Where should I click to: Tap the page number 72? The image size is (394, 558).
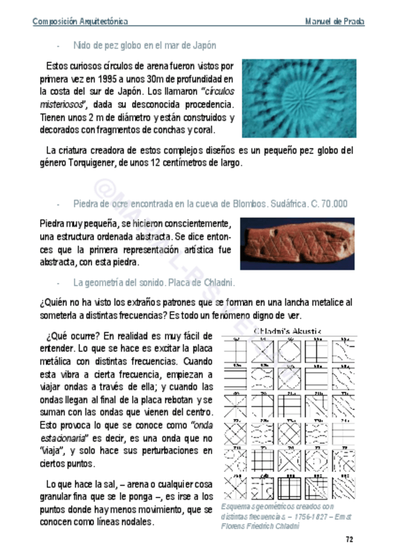[x=350, y=540]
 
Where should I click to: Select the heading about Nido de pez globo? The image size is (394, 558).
[x=145, y=45]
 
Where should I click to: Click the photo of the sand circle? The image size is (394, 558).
[x=299, y=98]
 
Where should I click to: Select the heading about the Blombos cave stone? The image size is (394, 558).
[x=210, y=203]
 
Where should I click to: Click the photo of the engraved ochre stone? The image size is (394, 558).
[x=297, y=243]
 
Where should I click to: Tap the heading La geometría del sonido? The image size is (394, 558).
[x=154, y=283]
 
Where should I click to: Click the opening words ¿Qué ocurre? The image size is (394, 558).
[x=72, y=334]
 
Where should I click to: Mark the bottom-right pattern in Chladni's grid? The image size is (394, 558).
[x=343, y=488]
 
